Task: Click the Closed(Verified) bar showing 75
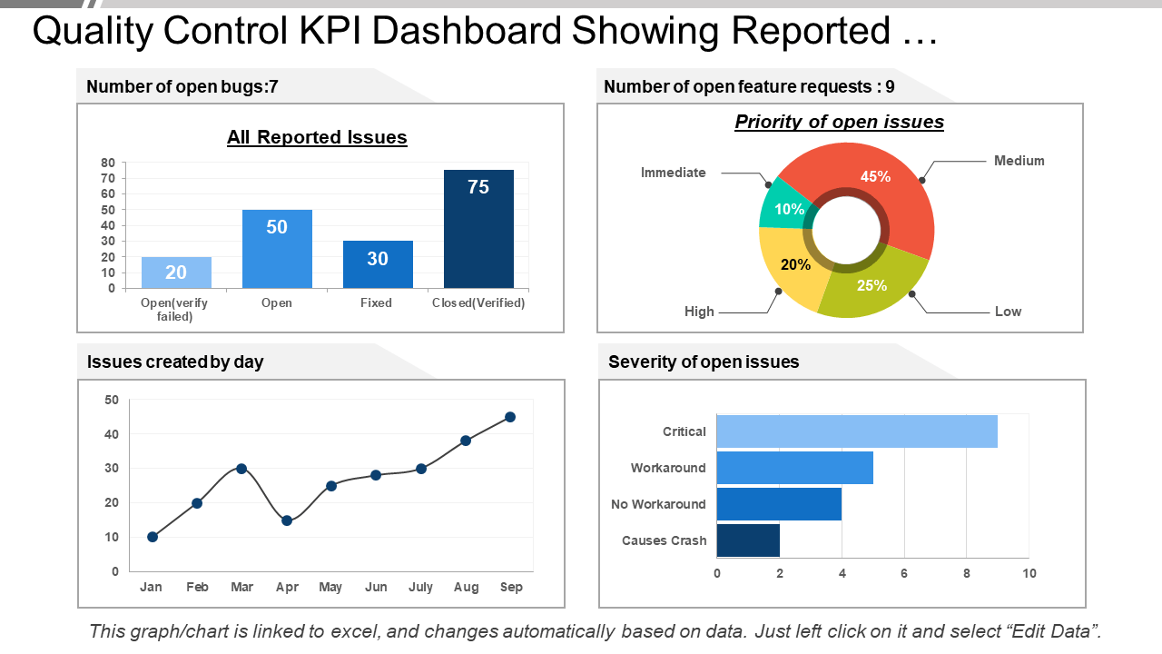coord(478,229)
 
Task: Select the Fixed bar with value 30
coord(378,264)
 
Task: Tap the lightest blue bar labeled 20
coord(176,272)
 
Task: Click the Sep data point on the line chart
coord(510,417)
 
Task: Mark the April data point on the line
coord(287,520)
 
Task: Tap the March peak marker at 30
coord(241,469)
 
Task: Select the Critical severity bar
coord(856,431)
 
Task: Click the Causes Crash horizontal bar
coord(748,540)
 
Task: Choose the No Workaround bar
coord(779,504)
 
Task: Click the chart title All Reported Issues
coord(317,137)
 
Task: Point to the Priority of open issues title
coord(839,122)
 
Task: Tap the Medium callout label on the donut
coord(1019,161)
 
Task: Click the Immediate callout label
coord(673,173)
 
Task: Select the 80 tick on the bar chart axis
coord(108,163)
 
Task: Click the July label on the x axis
coord(421,588)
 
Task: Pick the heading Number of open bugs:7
coord(182,87)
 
